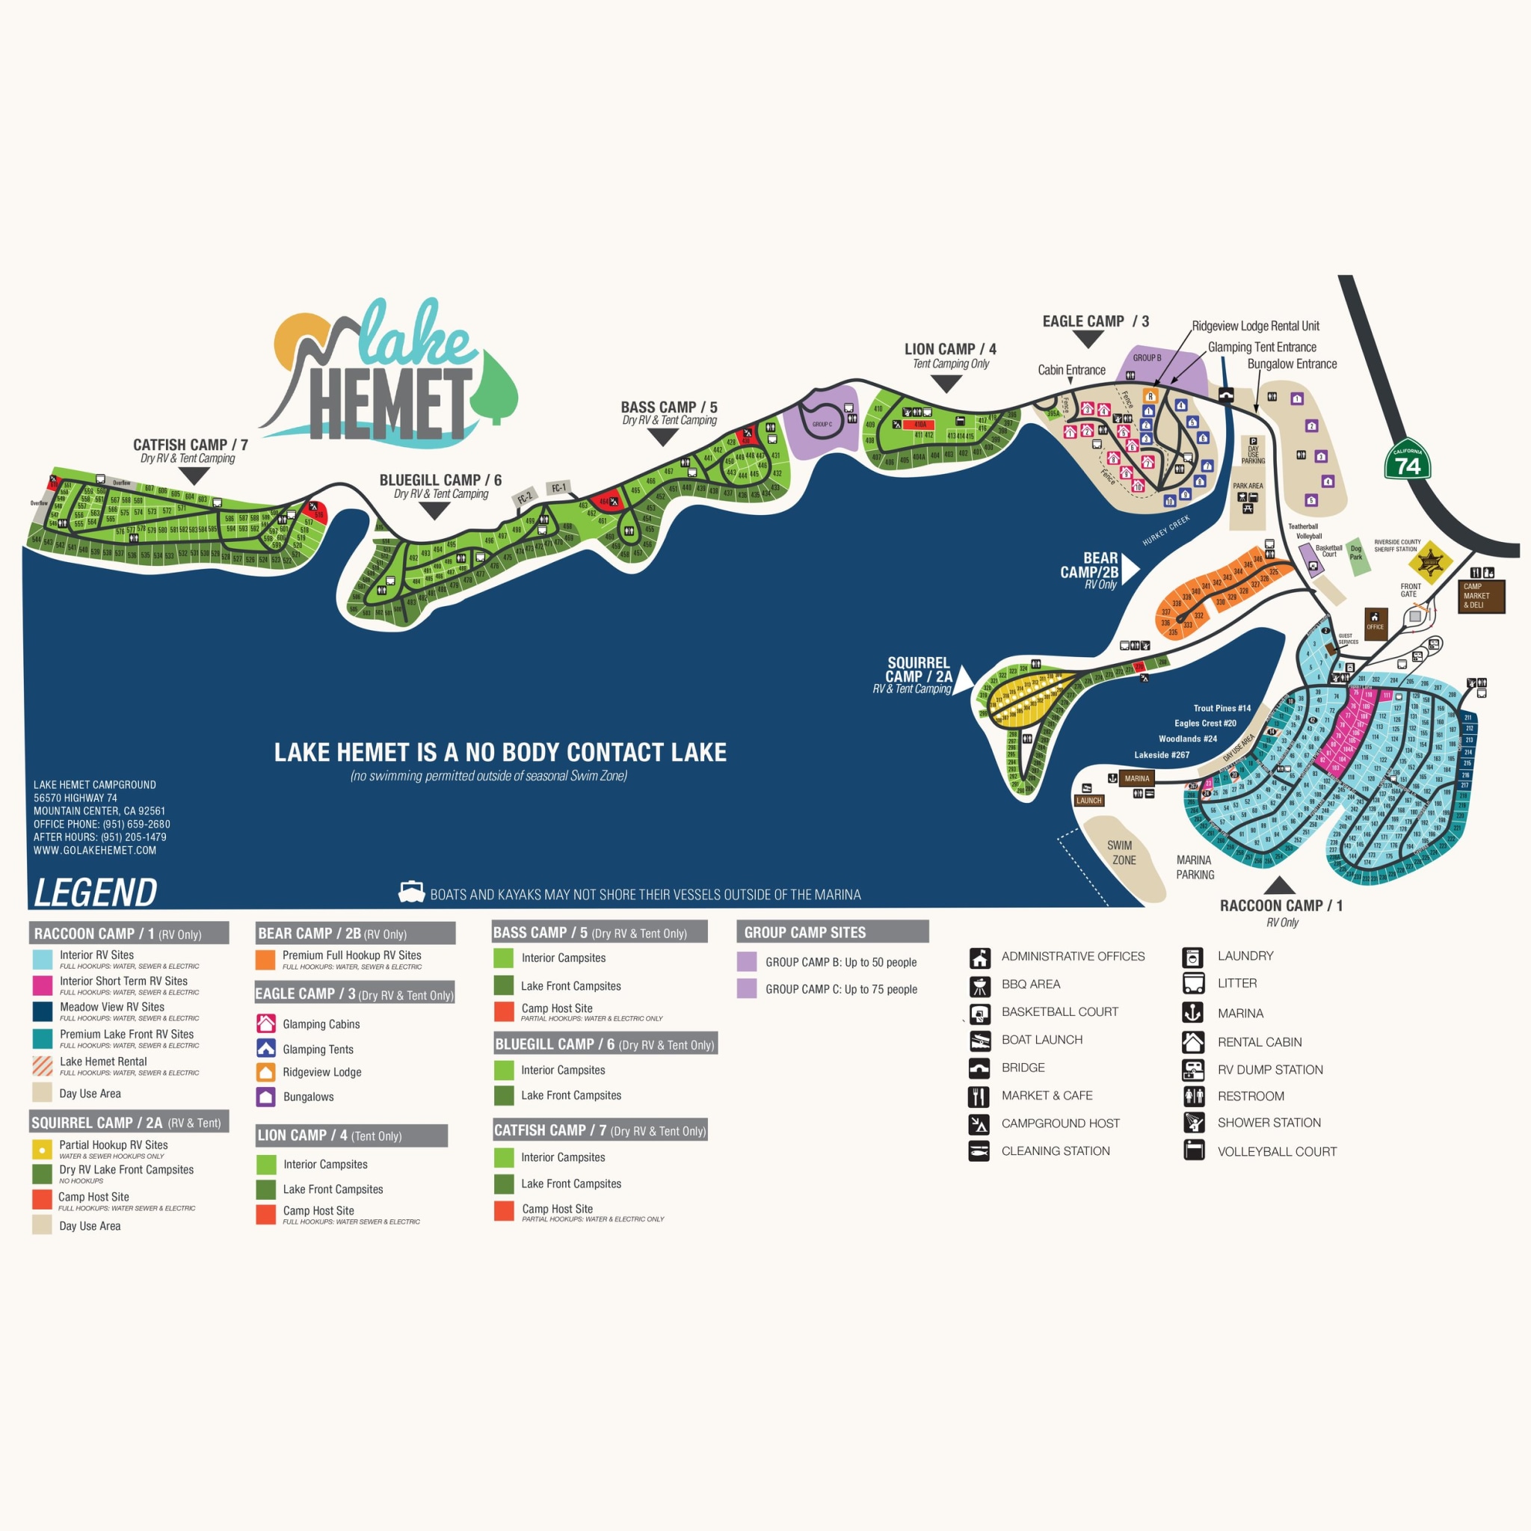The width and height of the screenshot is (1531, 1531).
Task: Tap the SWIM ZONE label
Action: [x=1123, y=853]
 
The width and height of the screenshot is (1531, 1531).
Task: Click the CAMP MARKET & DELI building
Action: [x=1480, y=596]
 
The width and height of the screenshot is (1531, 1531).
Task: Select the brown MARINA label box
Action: [x=1136, y=778]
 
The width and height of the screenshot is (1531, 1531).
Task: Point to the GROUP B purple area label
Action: [x=1147, y=358]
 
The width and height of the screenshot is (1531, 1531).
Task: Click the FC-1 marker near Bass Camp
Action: [x=558, y=488]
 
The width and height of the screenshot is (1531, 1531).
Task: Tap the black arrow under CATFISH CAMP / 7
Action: [x=194, y=476]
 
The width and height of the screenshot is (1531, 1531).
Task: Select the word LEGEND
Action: [x=95, y=893]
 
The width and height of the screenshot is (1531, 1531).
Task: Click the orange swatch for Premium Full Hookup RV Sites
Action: [x=265, y=960]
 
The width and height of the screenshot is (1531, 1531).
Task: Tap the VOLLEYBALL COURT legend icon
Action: [x=1192, y=1150]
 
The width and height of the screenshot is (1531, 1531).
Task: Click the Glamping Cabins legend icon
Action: [x=266, y=1023]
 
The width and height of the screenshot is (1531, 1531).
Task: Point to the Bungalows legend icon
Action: [x=266, y=1097]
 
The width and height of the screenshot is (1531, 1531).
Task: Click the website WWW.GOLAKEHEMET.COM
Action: [x=94, y=850]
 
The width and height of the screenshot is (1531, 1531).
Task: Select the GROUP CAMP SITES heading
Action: [x=804, y=933]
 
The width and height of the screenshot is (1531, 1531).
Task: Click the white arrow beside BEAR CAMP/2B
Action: [x=1130, y=569]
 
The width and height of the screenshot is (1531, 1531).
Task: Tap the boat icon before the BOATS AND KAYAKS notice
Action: [x=411, y=893]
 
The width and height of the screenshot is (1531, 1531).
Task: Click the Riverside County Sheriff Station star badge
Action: [x=1430, y=562]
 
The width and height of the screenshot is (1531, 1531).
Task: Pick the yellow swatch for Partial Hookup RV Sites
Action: [x=42, y=1149]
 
